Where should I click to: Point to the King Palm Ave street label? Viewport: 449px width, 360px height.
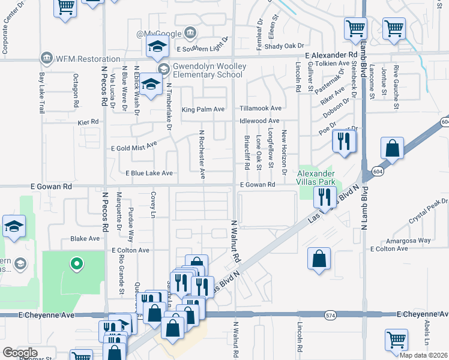203,110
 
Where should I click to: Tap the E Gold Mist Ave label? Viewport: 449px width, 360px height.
134,145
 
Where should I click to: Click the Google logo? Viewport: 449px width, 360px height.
20,353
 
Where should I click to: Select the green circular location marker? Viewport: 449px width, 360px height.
76,262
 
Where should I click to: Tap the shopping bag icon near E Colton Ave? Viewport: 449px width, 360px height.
319,259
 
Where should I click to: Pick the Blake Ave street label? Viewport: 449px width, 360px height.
85,238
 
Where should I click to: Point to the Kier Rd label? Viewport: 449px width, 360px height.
88,122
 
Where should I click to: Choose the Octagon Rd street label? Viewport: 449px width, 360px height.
76,91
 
